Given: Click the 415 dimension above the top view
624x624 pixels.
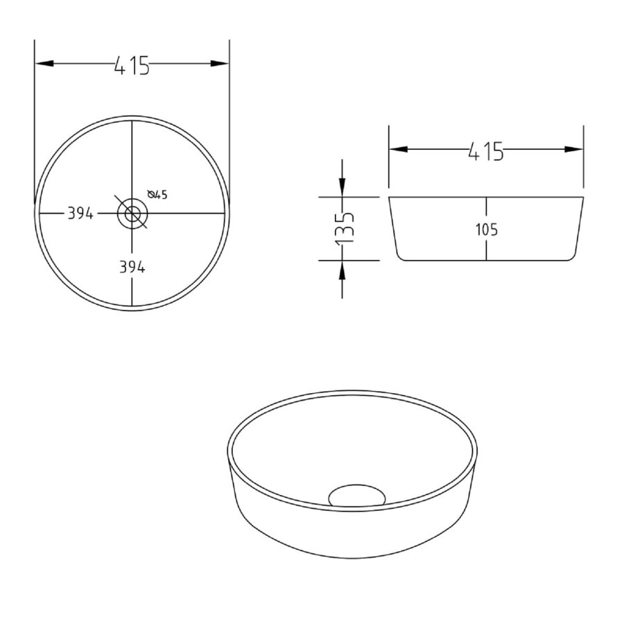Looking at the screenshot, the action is tap(132, 65).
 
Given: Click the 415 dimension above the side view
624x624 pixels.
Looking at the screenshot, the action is tap(486, 151).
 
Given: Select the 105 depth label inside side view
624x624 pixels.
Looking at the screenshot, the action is tap(486, 229).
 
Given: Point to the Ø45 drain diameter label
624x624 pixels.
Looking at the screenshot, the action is tap(157, 195).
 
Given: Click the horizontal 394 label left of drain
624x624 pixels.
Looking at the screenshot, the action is tap(80, 214).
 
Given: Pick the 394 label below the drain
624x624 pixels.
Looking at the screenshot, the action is tap(132, 267).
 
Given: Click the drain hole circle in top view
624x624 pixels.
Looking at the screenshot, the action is tap(132, 214).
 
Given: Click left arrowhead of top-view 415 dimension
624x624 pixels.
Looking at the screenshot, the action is tap(44, 63).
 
